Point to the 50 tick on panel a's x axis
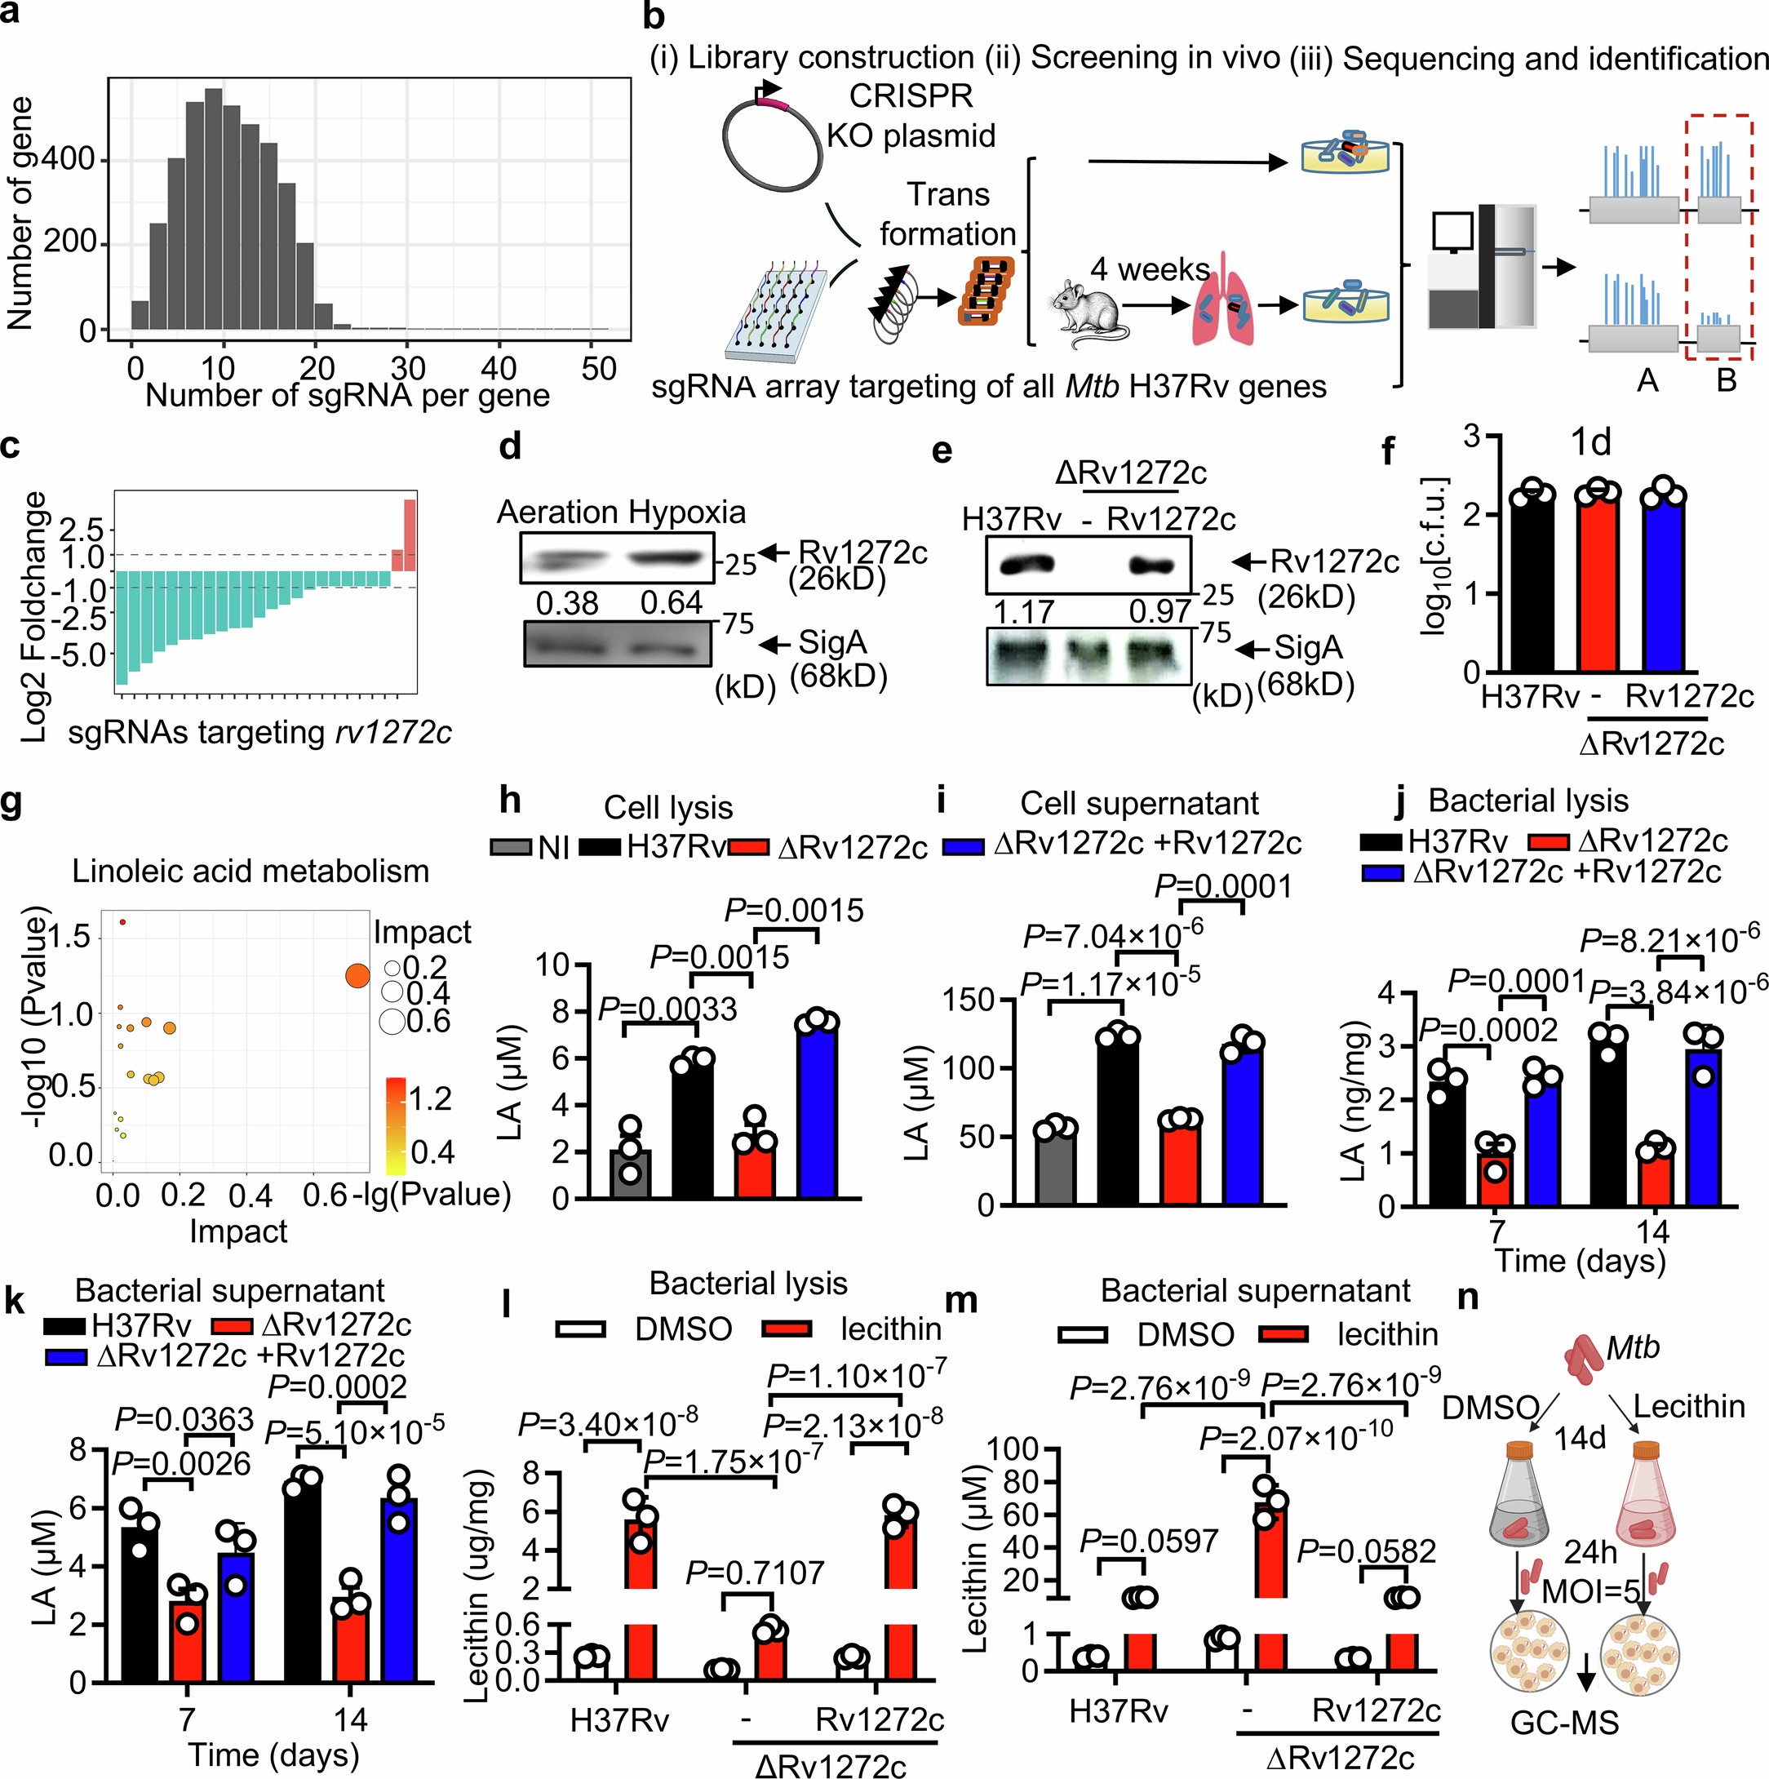tap(599, 368)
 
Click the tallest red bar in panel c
tap(410, 534)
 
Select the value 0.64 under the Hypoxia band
tap(672, 603)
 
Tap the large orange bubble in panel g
tap(357, 976)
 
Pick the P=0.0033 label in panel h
tap(667, 1009)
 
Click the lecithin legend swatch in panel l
tap(788, 1328)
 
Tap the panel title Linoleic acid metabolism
tap(250, 871)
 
